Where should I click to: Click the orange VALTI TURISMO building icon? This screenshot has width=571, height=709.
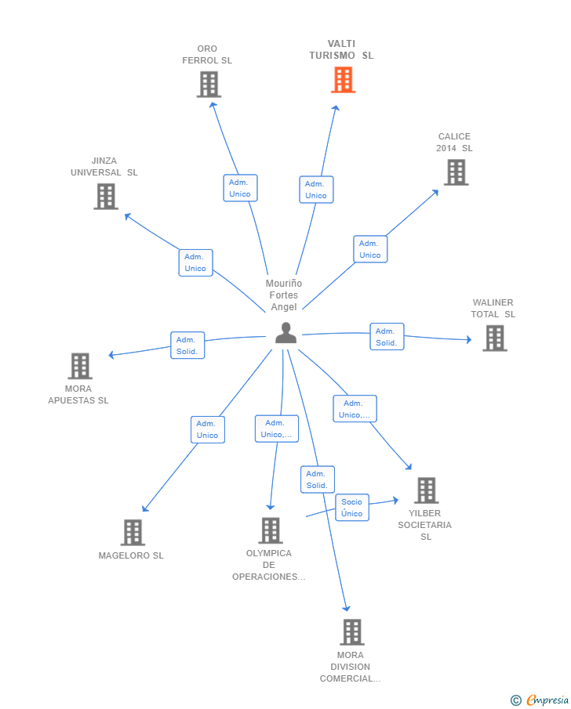click(344, 80)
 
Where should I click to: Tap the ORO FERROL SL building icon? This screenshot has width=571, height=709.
click(209, 85)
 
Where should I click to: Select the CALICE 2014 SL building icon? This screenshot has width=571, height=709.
click(456, 172)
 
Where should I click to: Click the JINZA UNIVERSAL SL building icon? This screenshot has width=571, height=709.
click(106, 197)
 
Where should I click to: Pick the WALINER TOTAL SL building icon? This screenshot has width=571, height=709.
click(495, 338)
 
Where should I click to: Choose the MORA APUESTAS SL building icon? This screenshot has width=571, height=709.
click(80, 366)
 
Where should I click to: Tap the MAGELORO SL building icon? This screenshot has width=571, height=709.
click(133, 532)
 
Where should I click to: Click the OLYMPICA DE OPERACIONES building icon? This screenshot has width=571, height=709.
click(271, 530)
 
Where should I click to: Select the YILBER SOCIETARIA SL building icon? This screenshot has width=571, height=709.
click(427, 490)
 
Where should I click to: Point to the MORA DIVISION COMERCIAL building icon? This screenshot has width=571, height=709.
click(352, 632)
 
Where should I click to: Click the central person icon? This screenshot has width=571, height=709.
click(285, 333)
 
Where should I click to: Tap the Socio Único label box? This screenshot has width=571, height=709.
click(352, 508)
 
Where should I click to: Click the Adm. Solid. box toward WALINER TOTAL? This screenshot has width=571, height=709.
click(387, 336)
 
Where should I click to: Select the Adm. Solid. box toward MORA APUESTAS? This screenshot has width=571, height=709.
click(187, 345)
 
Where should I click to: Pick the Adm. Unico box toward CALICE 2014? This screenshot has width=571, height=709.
click(370, 248)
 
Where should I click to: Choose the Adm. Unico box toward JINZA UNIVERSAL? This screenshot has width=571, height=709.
click(195, 262)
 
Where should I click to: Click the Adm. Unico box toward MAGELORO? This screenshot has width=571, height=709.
click(208, 429)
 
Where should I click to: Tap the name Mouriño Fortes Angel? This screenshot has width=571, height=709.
click(284, 295)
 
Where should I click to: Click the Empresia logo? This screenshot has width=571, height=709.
click(540, 700)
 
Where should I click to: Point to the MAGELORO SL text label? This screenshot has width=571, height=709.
click(131, 555)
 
